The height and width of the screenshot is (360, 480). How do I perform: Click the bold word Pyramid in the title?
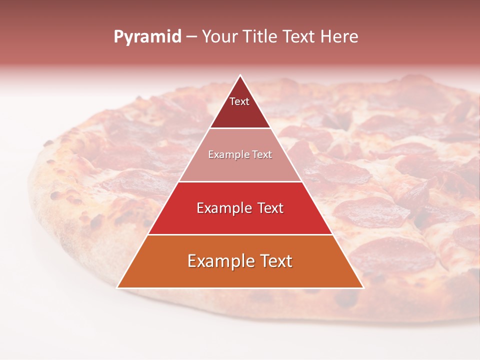click(147, 37)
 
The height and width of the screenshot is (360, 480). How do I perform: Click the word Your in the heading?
click(218, 36)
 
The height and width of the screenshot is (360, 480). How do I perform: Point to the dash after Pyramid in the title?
click(191, 37)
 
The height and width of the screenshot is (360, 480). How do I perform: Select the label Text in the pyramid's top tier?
click(239, 101)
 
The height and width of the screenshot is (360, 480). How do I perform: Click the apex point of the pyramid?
click(240, 76)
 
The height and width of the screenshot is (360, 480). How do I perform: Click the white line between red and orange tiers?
click(240, 234)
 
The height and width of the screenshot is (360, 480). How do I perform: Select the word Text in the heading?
click(302, 36)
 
